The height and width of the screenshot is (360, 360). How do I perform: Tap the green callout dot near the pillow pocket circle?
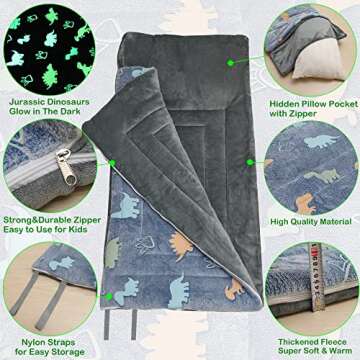point(230,61)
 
